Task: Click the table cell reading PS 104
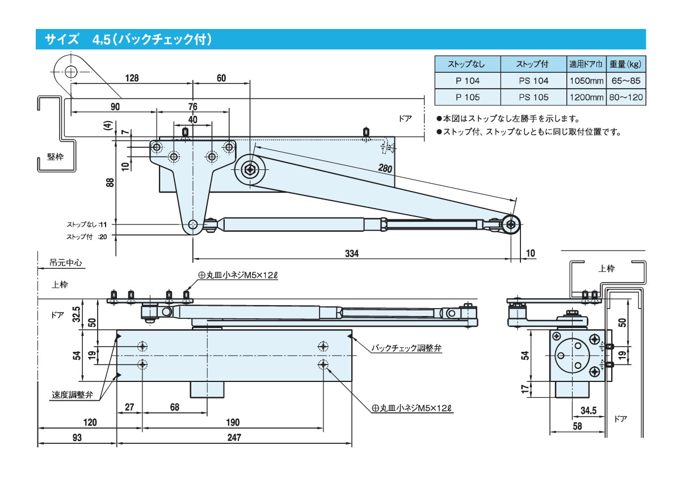coord(533,81)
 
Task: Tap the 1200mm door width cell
coord(586,97)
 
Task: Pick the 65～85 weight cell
coord(627,81)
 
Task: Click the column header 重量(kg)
coord(627,63)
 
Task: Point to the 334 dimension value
coord(351,254)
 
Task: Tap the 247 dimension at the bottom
coord(234,438)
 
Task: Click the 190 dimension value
coord(233,422)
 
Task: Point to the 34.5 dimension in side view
coord(588,410)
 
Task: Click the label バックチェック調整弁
coord(406,348)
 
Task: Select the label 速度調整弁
coord(72,394)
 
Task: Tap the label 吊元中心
coord(66,263)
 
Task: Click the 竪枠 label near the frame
coord(55,157)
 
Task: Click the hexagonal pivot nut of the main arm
coord(250,169)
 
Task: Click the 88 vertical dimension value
coord(110,182)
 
